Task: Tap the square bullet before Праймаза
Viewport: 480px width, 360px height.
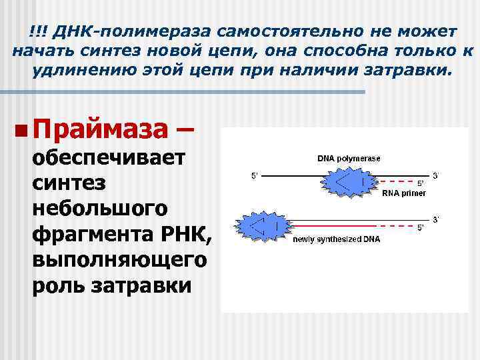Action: (23, 127)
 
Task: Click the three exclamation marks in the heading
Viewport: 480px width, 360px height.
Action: (37, 31)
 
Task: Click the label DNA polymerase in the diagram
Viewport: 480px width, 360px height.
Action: (349, 159)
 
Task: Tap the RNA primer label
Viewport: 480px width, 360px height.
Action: (404, 193)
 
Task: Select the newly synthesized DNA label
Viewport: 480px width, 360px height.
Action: (337, 239)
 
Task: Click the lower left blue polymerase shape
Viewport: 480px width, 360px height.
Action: (261, 225)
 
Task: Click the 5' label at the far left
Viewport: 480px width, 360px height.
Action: (254, 175)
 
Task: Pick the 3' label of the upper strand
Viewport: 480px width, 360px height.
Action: (436, 175)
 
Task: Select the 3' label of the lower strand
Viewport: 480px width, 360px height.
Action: (436, 219)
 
